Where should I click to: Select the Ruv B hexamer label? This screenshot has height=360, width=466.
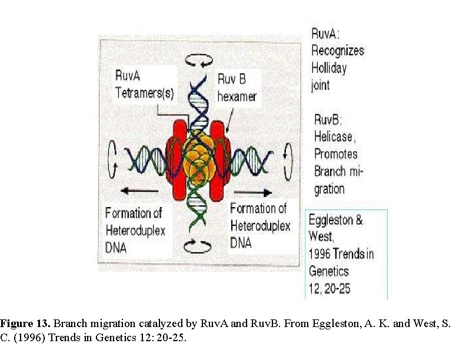coord(237,86)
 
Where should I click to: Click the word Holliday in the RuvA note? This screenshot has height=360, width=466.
coord(329,68)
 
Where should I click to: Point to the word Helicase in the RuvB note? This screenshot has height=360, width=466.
coord(334,136)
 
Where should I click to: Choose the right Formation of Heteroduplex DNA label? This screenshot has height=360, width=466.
coord(259,225)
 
